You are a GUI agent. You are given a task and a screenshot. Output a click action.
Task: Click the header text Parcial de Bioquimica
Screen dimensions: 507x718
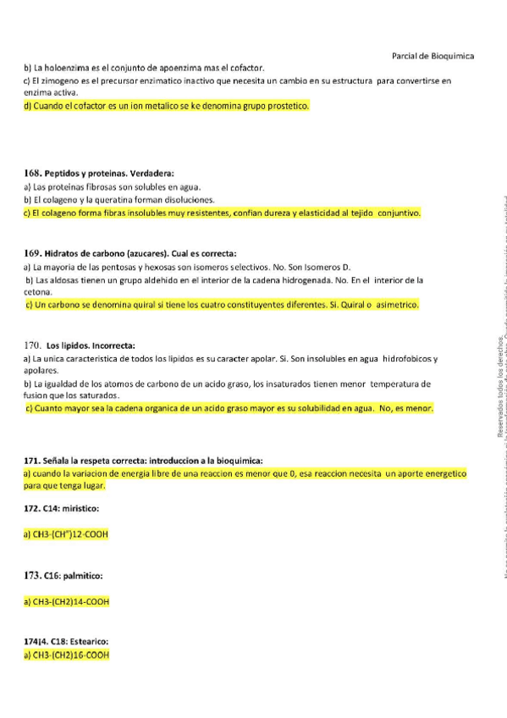click(433, 56)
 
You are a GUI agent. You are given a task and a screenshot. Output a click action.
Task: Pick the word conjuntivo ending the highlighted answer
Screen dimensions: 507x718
click(396, 213)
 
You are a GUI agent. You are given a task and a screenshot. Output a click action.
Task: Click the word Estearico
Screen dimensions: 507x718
click(87, 641)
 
